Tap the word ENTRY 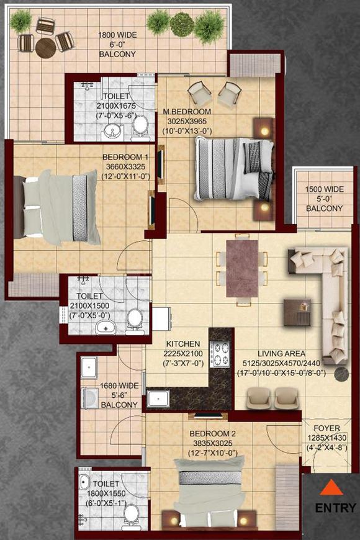[336, 508]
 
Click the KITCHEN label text [182, 343]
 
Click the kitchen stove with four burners [220, 353]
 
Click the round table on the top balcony [45, 48]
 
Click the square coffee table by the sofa [296, 311]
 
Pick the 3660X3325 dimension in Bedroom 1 [126, 166]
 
